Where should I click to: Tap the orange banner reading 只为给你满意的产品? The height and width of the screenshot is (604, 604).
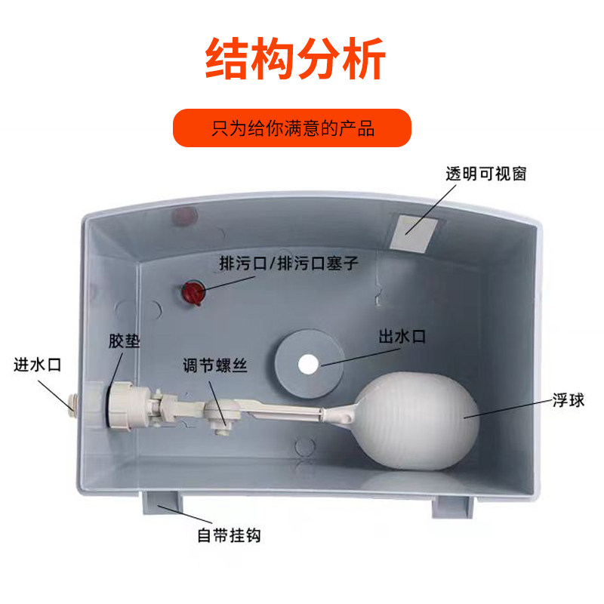coord(292,128)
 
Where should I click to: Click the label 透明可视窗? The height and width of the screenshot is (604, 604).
coord(485,174)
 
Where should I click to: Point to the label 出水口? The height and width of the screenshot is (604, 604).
coord(402,337)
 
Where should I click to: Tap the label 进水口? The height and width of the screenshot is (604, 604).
coord(37,365)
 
